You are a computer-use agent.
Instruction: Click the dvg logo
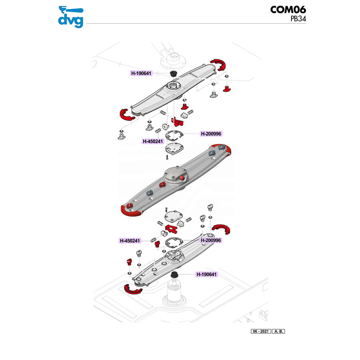71,16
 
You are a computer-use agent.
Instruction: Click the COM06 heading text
289,10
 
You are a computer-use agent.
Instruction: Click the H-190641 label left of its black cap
142,73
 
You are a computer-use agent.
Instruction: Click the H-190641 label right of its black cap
207,274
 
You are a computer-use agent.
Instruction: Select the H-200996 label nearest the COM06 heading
211,134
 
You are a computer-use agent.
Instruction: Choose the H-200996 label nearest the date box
211,240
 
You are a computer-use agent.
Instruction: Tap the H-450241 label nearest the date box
131,240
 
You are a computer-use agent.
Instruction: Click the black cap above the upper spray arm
172,73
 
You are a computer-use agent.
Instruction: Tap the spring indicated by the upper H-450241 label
158,131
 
